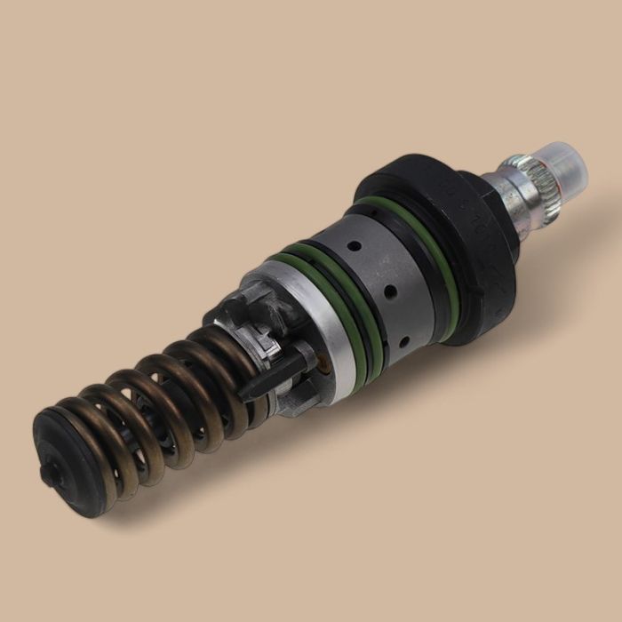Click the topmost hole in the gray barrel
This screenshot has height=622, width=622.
pos(355,246)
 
